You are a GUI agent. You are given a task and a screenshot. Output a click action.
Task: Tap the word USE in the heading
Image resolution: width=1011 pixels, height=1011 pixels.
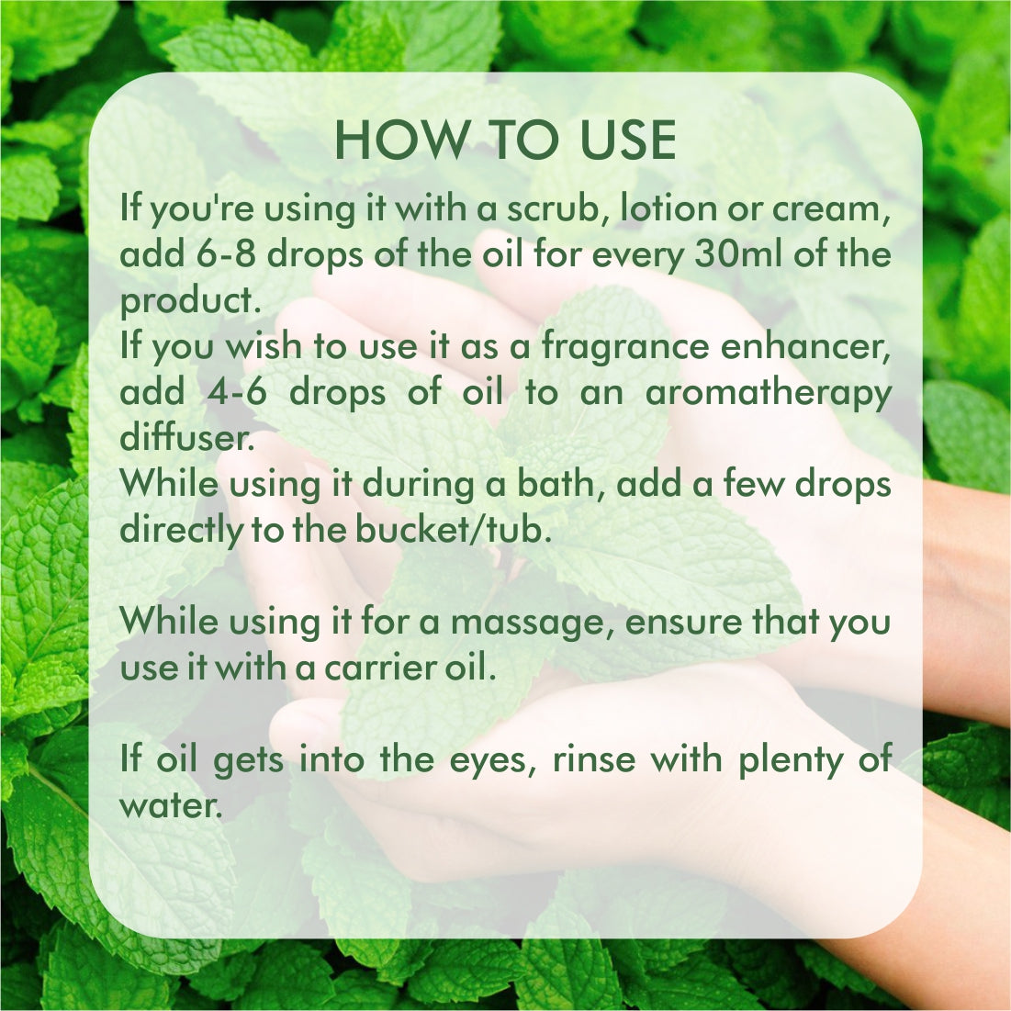pyautogui.click(x=628, y=140)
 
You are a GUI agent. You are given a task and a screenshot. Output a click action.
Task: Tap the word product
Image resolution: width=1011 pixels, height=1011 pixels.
pyautogui.click(x=190, y=301)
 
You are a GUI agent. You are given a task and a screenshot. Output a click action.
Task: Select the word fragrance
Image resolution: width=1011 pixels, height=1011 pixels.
pyautogui.click(x=624, y=347)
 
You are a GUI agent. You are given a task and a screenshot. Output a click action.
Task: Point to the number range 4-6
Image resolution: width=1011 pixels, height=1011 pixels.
pyautogui.click(x=237, y=392)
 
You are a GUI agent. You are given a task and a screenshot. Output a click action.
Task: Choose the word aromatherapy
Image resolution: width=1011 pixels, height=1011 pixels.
pyautogui.click(x=769, y=393)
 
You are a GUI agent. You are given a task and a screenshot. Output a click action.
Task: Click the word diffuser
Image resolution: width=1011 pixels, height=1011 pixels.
pyautogui.click(x=187, y=437)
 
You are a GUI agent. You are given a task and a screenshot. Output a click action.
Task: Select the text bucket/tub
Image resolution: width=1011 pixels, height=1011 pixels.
pyautogui.click(x=454, y=530)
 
